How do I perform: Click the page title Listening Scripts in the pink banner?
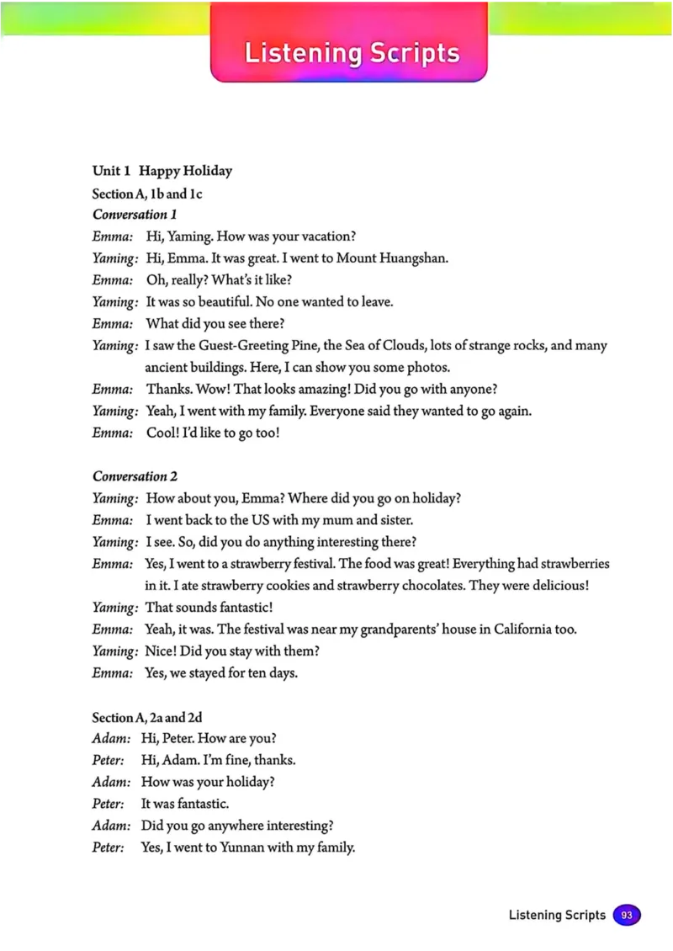pyautogui.click(x=352, y=53)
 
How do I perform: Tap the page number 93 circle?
pyautogui.click(x=626, y=915)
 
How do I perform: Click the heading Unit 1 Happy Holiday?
pyautogui.click(x=162, y=171)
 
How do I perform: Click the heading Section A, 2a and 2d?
pyautogui.click(x=147, y=718)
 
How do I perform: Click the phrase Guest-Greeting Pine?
pyautogui.click(x=252, y=346)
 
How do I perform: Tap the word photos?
pyautogui.click(x=431, y=368)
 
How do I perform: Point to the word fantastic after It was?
pyautogui.click(x=200, y=804)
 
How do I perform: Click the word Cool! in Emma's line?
pyautogui.click(x=162, y=433)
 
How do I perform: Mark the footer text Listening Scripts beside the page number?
pyautogui.click(x=556, y=915)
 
